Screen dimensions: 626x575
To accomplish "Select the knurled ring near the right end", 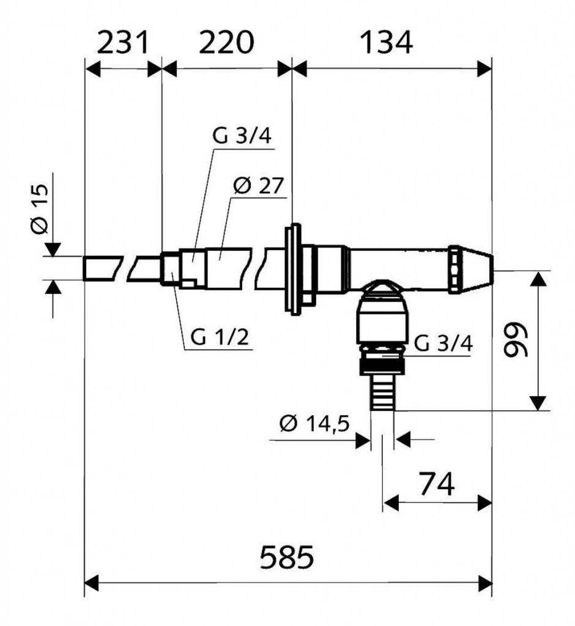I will point(456,269).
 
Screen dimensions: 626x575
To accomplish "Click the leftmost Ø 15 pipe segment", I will point(101,268).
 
